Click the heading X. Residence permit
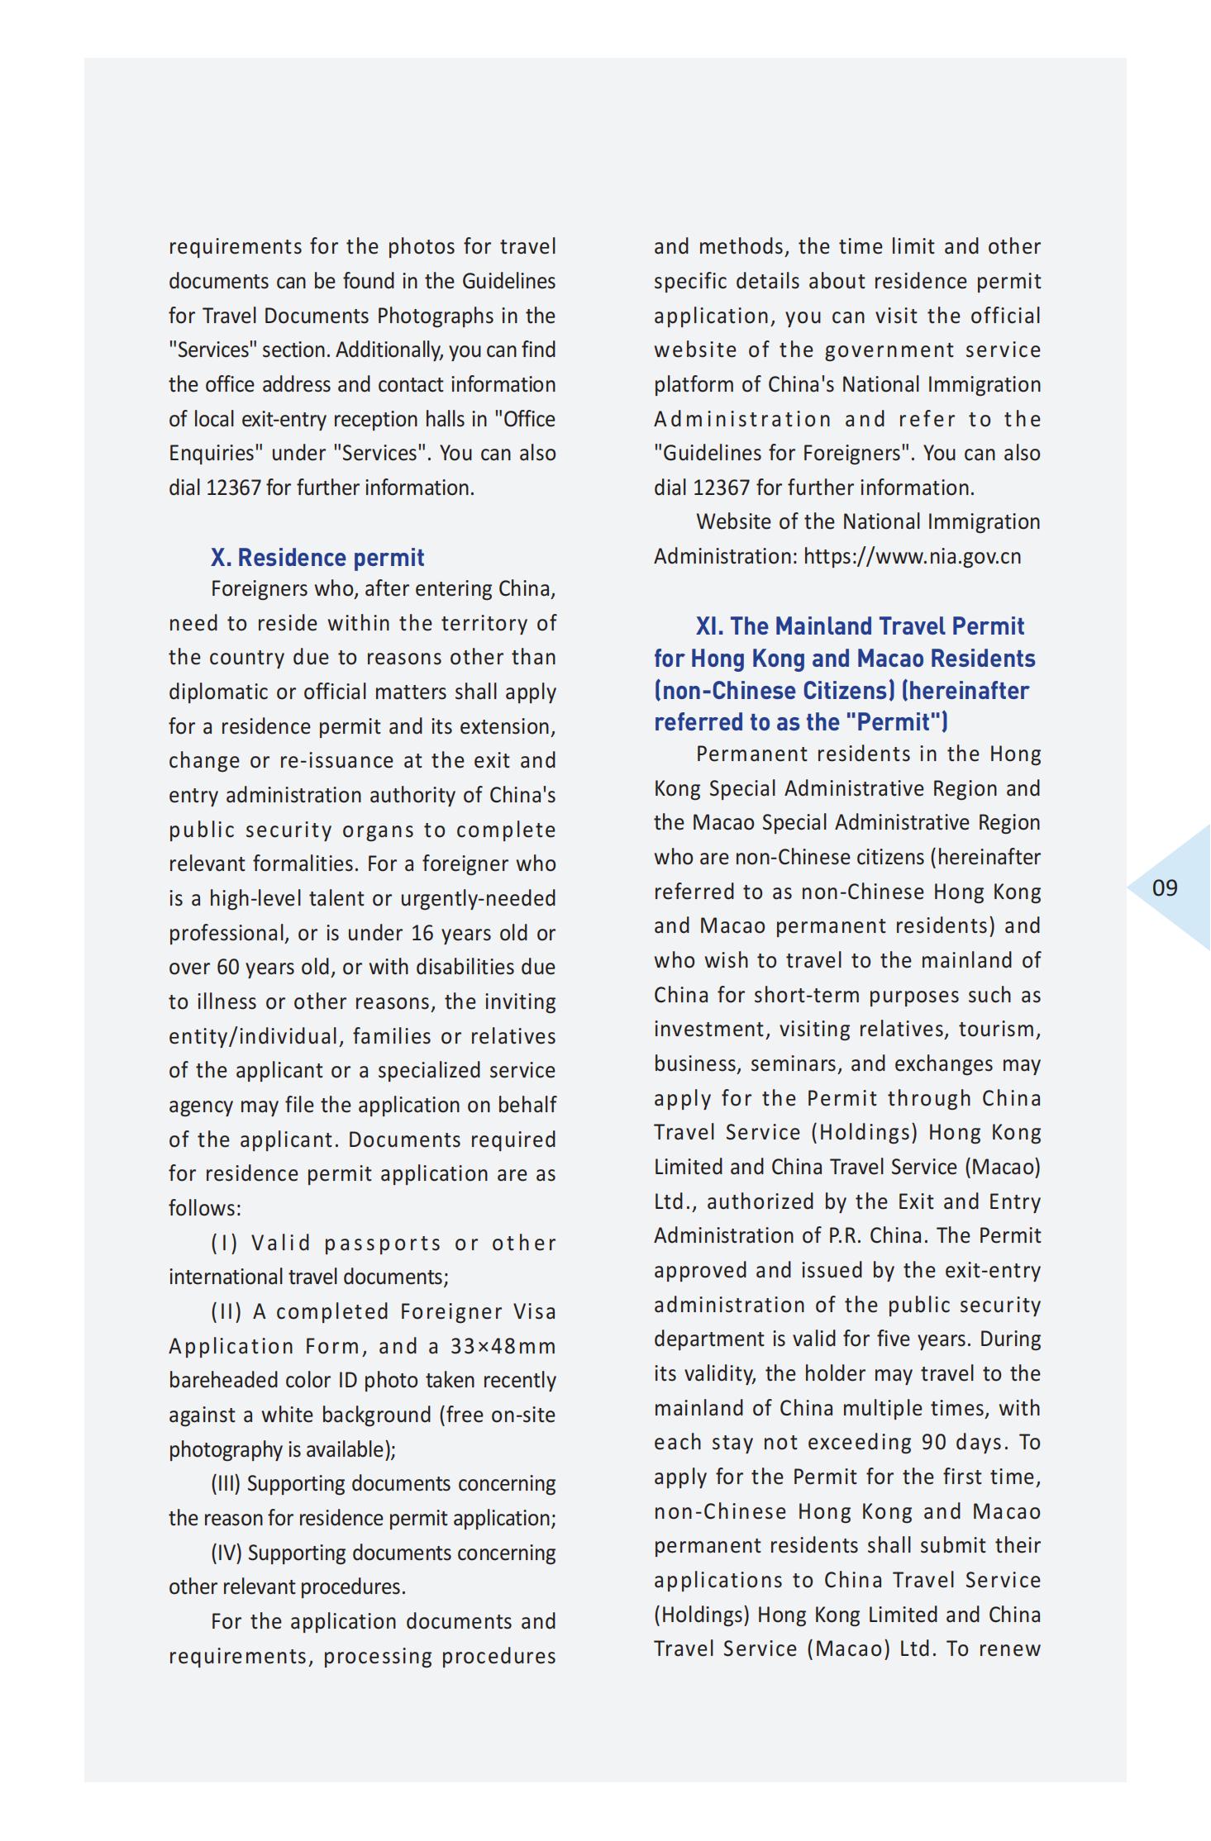pyautogui.click(x=317, y=558)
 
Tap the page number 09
pyautogui.click(x=1164, y=888)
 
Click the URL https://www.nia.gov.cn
pyautogui.click(x=912, y=557)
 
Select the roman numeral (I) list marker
pyautogui.click(x=224, y=1244)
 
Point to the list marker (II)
pyautogui.click(x=226, y=1312)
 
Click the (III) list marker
pyautogui.click(x=225, y=1484)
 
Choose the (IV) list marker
pyautogui.click(x=226, y=1553)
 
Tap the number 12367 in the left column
pyautogui.click(x=233, y=488)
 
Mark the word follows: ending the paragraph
pyautogui.click(x=204, y=1209)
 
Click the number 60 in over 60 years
pyautogui.click(x=227, y=968)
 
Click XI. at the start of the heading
pyautogui.click(x=709, y=626)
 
